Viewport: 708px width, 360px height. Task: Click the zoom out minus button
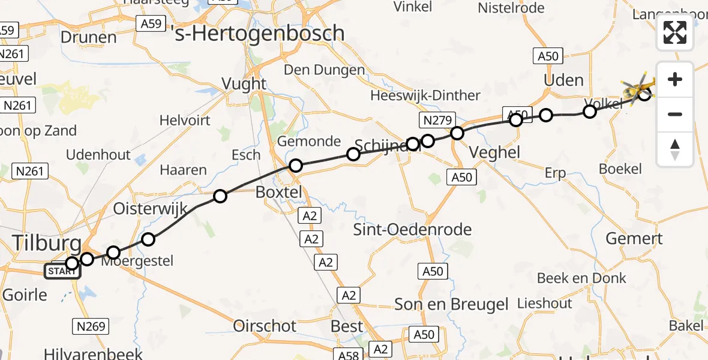tap(675, 114)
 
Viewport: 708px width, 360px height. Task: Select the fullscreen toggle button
tap(675, 32)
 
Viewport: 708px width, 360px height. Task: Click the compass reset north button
tap(675, 149)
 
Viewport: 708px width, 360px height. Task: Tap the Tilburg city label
tap(47, 244)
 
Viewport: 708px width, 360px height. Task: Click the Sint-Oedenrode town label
tap(412, 229)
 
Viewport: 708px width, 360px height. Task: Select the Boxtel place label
tap(278, 192)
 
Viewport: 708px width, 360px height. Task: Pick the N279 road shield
tap(439, 121)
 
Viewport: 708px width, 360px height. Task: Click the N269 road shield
tap(91, 327)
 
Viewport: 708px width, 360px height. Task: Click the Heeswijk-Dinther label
tap(425, 95)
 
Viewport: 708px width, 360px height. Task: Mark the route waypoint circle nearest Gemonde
tap(295, 166)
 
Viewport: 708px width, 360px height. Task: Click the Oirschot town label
tap(265, 326)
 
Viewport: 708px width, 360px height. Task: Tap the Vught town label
tap(244, 83)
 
